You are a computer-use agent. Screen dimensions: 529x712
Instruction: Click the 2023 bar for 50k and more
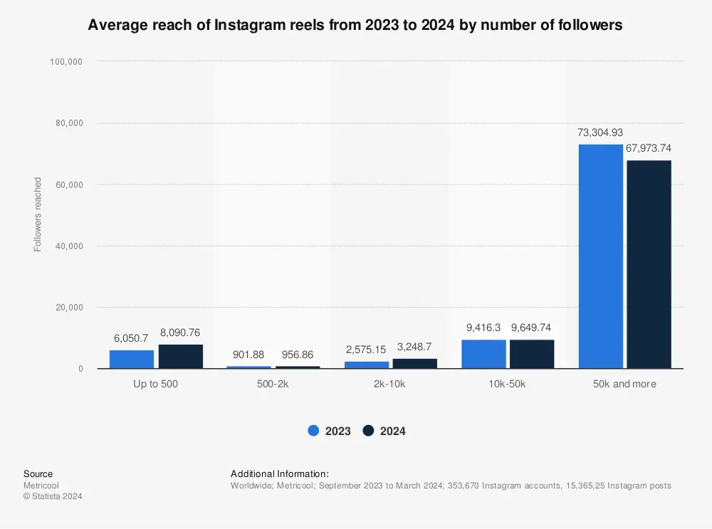point(600,256)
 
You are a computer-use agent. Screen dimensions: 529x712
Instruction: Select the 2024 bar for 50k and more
point(649,264)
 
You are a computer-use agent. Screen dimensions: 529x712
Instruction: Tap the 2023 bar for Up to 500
point(131,360)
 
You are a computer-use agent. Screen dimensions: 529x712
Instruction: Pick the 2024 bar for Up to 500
point(180,357)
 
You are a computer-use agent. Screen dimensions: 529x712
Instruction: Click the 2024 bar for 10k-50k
point(532,355)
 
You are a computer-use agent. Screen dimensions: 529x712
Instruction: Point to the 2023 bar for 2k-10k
point(367,365)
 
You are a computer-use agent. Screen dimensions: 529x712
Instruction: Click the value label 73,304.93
point(600,132)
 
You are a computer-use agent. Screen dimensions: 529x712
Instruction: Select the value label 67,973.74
point(649,148)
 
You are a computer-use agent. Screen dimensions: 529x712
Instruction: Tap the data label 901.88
point(248,354)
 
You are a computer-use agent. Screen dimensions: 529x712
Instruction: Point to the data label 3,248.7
point(415,347)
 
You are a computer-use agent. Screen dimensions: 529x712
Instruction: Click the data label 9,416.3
point(483,328)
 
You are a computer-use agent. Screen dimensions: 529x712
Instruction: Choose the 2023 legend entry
point(329,431)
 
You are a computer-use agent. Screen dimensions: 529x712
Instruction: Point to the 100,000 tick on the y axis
point(67,62)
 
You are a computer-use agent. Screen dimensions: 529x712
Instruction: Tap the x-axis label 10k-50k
point(508,384)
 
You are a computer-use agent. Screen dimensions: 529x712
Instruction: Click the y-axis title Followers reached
point(38,214)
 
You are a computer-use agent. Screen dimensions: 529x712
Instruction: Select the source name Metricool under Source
point(41,486)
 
